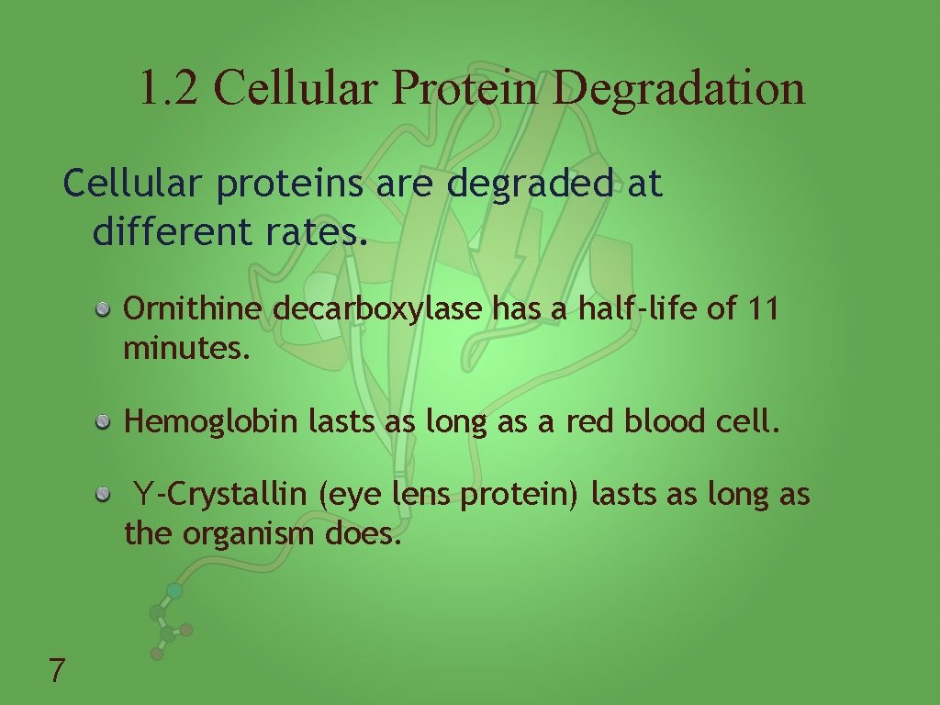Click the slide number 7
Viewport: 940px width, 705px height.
[x=57, y=670]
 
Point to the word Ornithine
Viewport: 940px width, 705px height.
[x=193, y=308]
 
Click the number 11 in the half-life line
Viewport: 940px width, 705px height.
[x=763, y=308]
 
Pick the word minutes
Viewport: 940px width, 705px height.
[x=186, y=349]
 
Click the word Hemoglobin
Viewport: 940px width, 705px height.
[x=211, y=422]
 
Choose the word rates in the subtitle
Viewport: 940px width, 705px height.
[x=317, y=232]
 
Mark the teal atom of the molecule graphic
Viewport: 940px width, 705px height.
[x=174, y=591]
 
